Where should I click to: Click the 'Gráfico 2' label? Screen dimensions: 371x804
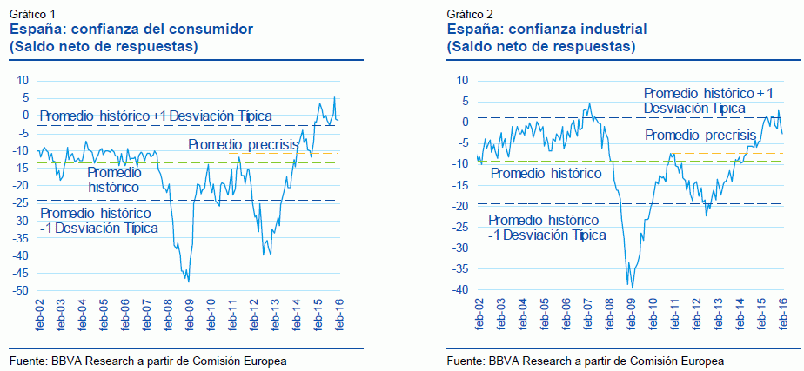click(x=470, y=15)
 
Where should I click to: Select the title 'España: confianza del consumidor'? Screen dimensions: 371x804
click(x=131, y=30)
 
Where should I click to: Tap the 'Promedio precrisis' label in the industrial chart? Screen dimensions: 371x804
click(x=700, y=135)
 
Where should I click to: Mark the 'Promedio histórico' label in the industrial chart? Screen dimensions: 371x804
click(x=546, y=174)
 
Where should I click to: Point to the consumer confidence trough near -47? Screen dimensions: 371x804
click(x=188, y=281)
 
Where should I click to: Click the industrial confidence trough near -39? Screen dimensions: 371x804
click(x=632, y=287)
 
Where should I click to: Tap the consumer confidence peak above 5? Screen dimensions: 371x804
click(x=335, y=97)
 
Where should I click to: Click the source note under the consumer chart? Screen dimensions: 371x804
click(x=148, y=360)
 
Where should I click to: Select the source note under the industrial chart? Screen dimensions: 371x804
click(x=585, y=360)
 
